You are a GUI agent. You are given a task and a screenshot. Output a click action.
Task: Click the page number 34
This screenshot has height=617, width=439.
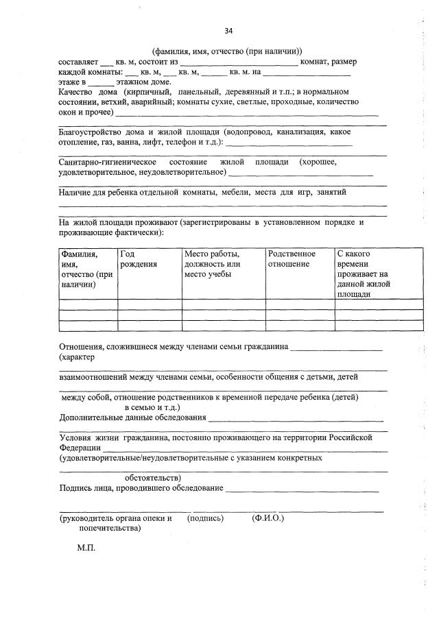pyautogui.click(x=228, y=32)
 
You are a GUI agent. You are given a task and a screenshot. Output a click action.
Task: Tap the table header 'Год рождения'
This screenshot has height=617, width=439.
pyautogui.click(x=138, y=259)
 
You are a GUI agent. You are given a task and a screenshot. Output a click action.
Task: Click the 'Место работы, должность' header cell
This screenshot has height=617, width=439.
pyautogui.click(x=212, y=264)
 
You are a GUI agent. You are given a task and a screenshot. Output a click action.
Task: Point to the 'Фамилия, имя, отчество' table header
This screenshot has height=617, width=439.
pyautogui.click(x=86, y=269)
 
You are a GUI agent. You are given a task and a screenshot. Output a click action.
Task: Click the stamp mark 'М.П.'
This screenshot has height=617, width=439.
pyautogui.click(x=86, y=549)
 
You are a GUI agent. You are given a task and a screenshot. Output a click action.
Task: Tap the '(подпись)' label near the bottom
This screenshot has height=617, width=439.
pyautogui.click(x=206, y=518)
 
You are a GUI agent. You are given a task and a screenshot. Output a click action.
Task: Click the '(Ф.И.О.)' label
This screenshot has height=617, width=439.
pyautogui.click(x=268, y=518)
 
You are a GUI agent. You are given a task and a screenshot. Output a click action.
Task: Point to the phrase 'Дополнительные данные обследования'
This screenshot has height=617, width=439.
pyautogui.click(x=132, y=417)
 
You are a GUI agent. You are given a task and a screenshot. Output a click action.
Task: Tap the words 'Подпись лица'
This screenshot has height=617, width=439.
pyautogui.click(x=84, y=487)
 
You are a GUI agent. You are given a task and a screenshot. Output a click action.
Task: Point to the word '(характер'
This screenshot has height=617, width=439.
pyautogui.click(x=77, y=357)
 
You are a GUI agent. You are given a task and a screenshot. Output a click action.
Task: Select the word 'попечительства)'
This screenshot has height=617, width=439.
pyautogui.click(x=110, y=529)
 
